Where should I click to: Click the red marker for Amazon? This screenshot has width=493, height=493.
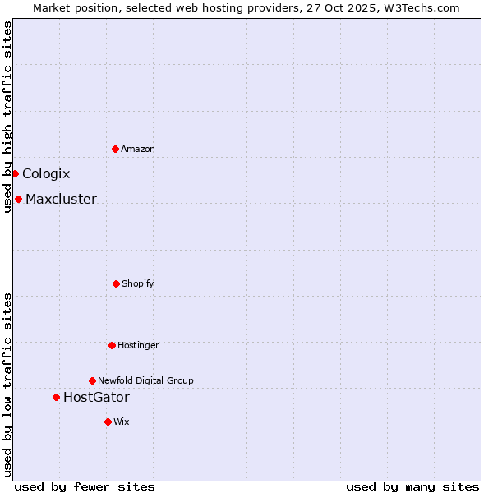tap(115, 149)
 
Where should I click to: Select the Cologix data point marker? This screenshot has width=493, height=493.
tap(15, 173)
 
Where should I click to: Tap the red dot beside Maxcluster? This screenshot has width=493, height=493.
tap(18, 199)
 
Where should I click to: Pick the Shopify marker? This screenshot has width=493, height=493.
tap(116, 283)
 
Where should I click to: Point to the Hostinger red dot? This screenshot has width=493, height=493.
tap(112, 345)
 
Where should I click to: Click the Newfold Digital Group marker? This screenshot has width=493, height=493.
tap(92, 380)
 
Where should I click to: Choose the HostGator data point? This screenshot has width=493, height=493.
tap(56, 397)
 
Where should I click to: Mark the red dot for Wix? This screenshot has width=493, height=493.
tap(108, 422)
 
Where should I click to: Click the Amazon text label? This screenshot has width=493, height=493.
tap(138, 149)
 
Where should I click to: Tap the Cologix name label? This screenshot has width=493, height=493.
tap(46, 173)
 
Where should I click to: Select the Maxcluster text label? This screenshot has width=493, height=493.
tap(61, 199)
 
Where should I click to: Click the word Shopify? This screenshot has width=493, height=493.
tap(138, 283)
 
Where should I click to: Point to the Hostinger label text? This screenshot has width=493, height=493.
tap(138, 345)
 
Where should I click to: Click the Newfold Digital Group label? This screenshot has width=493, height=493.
tap(145, 380)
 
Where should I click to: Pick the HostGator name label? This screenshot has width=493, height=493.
tap(96, 398)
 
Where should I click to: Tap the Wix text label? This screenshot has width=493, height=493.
tap(122, 422)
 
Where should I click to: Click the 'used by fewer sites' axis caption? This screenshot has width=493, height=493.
tap(85, 486)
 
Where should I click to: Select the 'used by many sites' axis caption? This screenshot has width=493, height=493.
tap(412, 486)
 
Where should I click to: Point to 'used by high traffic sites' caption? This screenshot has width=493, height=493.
tap(7, 117)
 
